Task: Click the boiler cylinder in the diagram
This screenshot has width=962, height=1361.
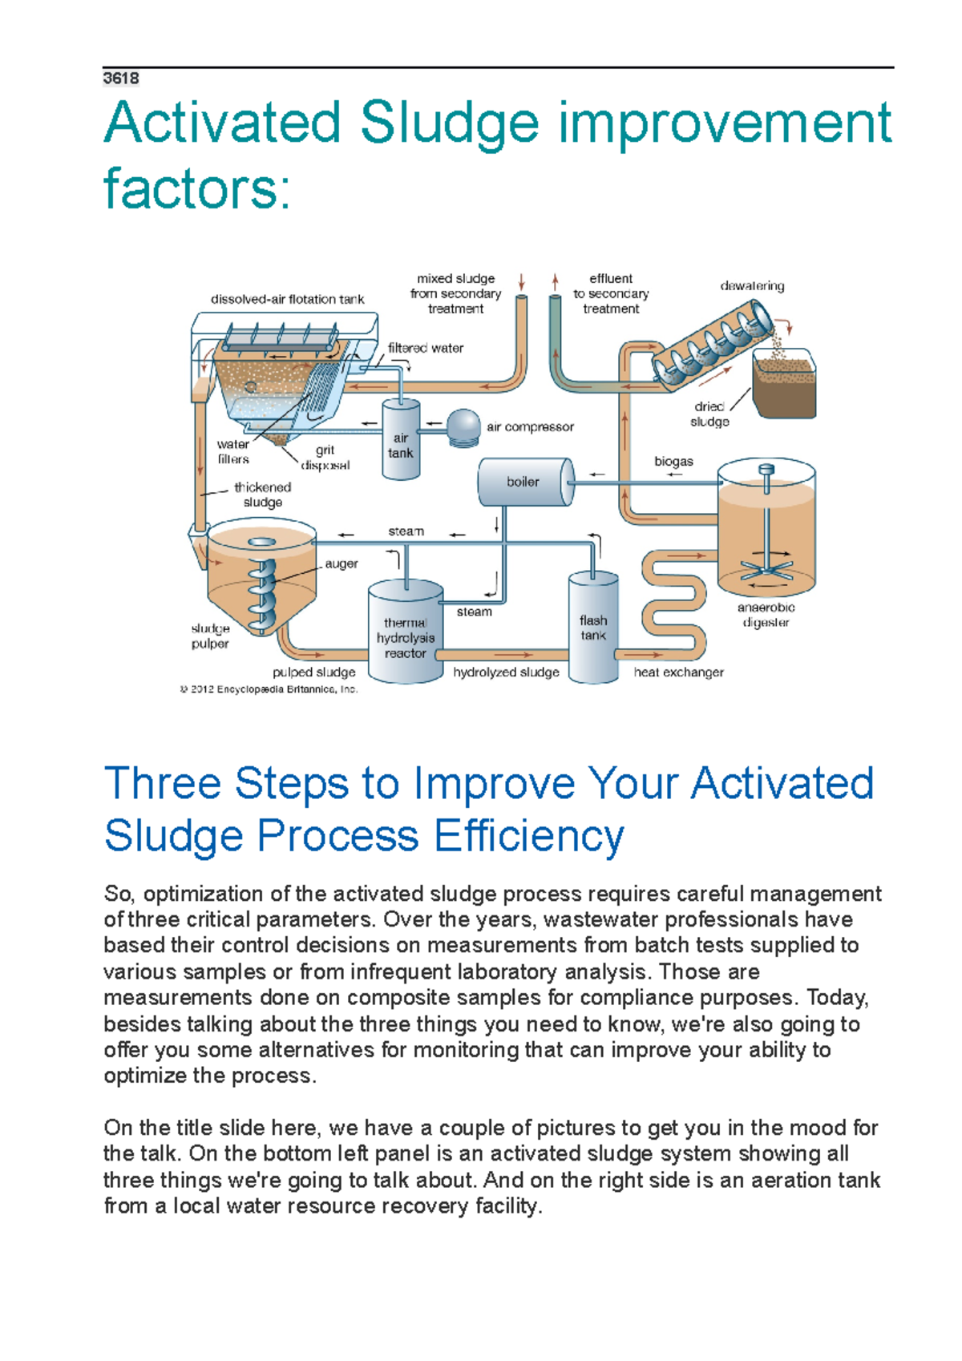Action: tap(525, 482)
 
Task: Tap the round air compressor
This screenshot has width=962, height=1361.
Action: tap(463, 427)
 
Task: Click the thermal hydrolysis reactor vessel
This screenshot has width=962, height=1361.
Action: tap(405, 633)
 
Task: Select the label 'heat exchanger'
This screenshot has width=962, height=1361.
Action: tap(678, 672)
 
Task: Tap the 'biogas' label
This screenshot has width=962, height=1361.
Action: tap(673, 462)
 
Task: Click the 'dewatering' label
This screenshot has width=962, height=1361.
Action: tap(752, 286)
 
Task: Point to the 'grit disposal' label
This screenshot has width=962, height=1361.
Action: tap(325, 458)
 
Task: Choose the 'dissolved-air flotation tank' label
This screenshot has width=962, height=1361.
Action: tap(287, 299)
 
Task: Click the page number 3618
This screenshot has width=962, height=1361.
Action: tap(121, 79)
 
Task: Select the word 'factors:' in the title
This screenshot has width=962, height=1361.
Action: tap(197, 188)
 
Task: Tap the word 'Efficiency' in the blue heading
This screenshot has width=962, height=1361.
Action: tap(529, 836)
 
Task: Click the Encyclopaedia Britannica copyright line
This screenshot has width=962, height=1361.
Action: tap(269, 689)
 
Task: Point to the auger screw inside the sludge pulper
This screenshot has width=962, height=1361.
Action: tap(263, 593)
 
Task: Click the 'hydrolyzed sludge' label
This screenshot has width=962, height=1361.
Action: tap(506, 672)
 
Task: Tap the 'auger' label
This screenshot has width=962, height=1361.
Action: tap(342, 564)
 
